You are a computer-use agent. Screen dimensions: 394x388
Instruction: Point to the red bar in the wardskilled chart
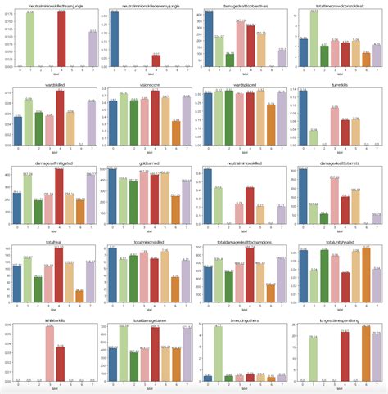click(x=59, y=118)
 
